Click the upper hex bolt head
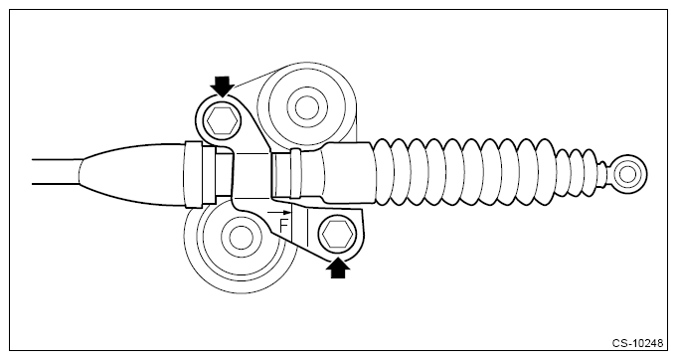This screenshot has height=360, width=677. [x=220, y=122]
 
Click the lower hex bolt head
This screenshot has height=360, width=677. [x=336, y=236]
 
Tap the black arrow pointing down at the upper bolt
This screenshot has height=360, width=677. [x=220, y=84]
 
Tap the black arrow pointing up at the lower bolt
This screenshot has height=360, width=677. [x=338, y=268]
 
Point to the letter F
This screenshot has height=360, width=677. [x=284, y=226]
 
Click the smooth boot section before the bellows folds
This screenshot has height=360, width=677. [x=343, y=174]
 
